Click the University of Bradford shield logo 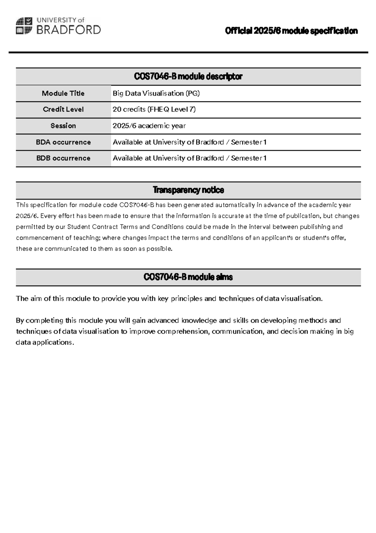(x=24, y=26)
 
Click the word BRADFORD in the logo (x=69, y=30)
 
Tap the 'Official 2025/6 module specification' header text (x=291, y=31)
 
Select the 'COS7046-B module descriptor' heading (x=188, y=76)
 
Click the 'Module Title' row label (x=63, y=93)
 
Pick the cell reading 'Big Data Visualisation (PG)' (x=156, y=93)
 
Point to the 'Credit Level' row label (x=63, y=109)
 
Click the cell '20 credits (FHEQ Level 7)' (x=154, y=109)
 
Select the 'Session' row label (x=63, y=126)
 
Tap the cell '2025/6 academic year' (x=149, y=126)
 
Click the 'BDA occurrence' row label (x=63, y=142)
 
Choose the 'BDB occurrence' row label (x=63, y=158)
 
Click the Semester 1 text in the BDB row (x=248, y=158)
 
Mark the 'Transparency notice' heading (x=188, y=190)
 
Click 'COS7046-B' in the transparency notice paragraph (x=137, y=205)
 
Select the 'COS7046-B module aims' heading (x=188, y=277)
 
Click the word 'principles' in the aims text (x=186, y=299)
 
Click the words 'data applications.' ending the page (x=45, y=342)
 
